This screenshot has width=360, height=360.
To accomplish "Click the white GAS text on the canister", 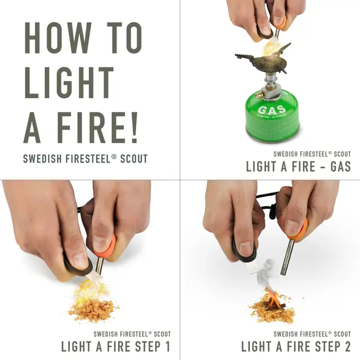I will tap(272, 110).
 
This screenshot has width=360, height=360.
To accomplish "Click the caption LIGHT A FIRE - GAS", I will tap(298, 166).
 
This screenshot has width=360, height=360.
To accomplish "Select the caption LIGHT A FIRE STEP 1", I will tap(115, 346).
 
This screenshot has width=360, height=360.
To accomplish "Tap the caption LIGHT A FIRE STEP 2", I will tap(296, 346).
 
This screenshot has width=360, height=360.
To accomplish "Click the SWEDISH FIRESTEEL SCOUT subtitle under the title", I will tap(85, 159).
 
